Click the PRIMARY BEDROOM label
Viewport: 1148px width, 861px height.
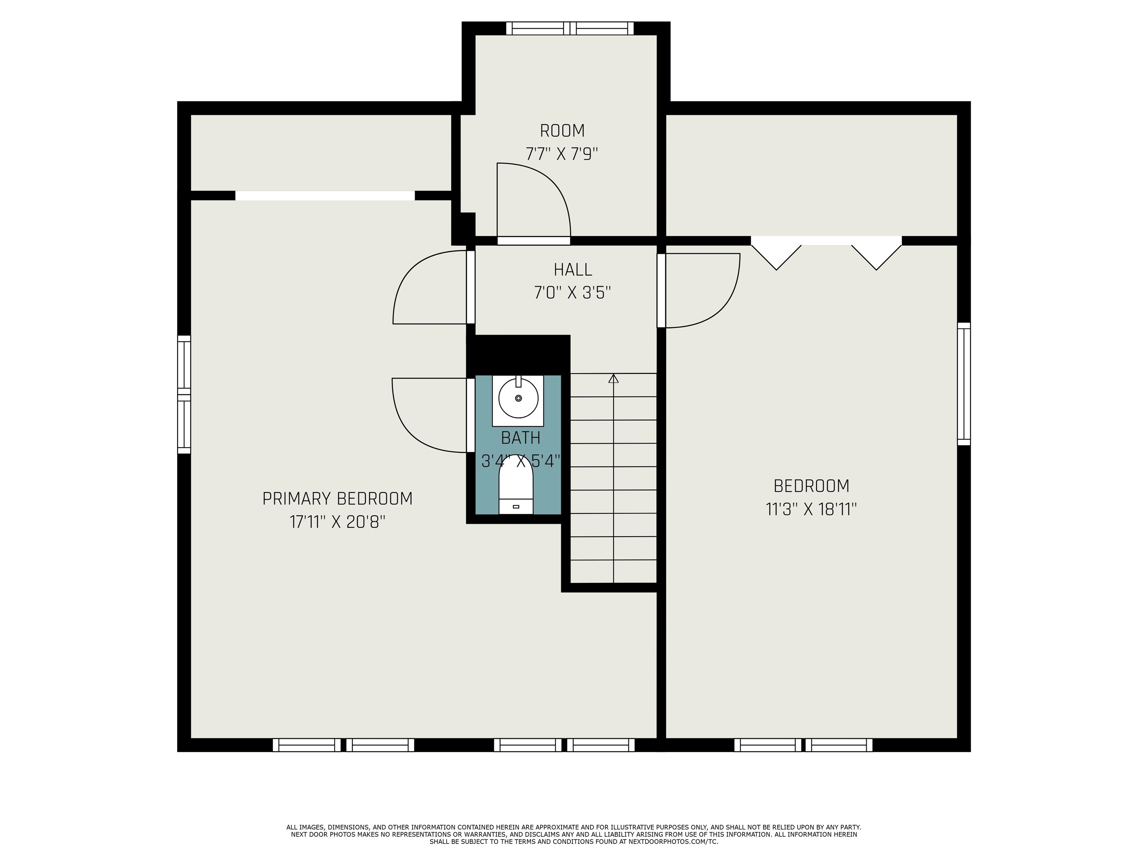337,499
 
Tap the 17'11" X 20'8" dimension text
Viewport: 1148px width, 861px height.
337,522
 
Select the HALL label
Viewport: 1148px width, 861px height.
573,270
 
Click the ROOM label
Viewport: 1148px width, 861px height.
562,131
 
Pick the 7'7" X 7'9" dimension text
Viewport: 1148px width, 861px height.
562,154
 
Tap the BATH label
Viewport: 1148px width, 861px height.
521,438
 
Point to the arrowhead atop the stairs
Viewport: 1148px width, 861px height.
614,378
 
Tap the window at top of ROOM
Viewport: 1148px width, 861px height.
570,28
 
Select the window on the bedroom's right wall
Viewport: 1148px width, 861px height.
964,384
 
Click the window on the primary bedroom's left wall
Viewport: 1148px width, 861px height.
184,394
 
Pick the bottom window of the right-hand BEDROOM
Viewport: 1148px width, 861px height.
803,745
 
